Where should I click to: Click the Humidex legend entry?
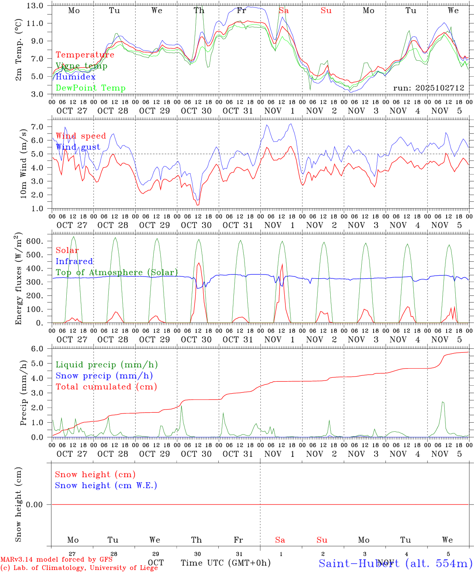tap(75, 77)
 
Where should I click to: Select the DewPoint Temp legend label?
tap(91, 88)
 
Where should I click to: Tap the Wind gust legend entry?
tap(78, 147)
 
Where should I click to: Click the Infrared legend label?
tap(74, 261)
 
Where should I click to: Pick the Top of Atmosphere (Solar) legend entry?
tap(117, 272)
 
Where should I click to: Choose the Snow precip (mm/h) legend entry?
tap(104, 376)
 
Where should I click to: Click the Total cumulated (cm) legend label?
tap(106, 387)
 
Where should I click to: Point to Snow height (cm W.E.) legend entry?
tap(106, 485)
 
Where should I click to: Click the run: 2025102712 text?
tap(429, 88)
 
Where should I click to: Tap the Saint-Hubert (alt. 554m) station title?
tap(395, 563)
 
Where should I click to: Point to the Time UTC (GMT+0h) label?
tap(226, 563)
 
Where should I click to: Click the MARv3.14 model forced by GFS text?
tap(56, 559)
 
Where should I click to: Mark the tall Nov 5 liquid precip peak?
tap(443, 402)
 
